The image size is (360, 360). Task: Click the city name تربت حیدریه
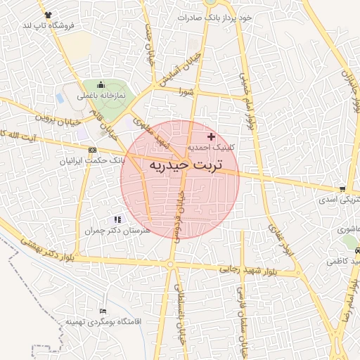[185, 165]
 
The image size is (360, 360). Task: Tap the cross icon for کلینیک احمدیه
[211, 136]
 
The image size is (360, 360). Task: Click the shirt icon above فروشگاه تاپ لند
[47, 14]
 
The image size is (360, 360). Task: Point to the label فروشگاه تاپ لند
[48, 25]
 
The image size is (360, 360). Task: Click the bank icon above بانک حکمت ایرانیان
[93, 150]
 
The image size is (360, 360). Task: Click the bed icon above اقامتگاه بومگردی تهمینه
[103, 311]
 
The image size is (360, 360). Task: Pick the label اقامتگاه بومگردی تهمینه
[103, 321]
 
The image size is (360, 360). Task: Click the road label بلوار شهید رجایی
[249, 269]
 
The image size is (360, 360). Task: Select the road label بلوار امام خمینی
[247, 102]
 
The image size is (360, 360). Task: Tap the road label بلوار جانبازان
[352, 91]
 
